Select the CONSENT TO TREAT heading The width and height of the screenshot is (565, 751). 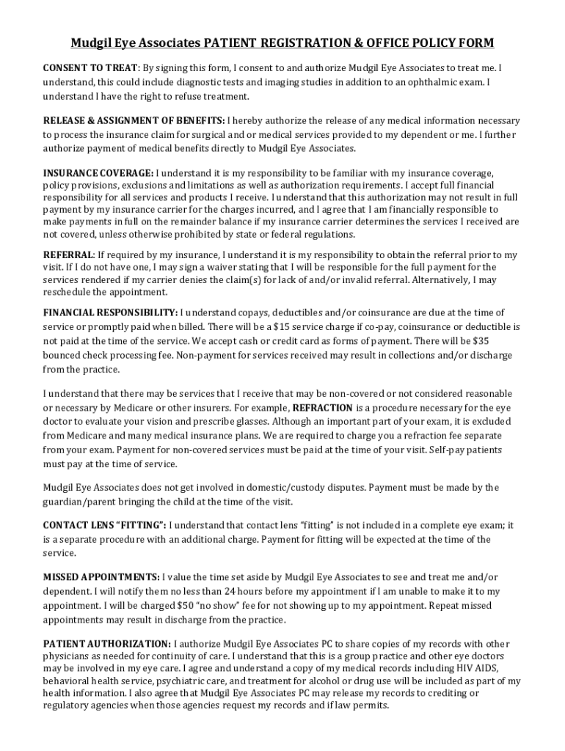[90, 68]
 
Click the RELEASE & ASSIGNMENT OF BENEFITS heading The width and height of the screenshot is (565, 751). [134, 120]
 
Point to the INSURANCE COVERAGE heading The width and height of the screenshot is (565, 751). [98, 173]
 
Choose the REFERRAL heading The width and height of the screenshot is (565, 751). [68, 254]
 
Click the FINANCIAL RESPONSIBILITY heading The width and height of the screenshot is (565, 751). [110, 313]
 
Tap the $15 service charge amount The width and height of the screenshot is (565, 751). [281, 326]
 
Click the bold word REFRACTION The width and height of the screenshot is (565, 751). [322, 408]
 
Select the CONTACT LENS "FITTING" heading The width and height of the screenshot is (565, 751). [105, 525]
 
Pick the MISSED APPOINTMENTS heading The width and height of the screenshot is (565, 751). [101, 577]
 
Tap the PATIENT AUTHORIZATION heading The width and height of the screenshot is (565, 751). [108, 643]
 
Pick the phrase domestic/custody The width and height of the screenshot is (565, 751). [321, 488]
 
